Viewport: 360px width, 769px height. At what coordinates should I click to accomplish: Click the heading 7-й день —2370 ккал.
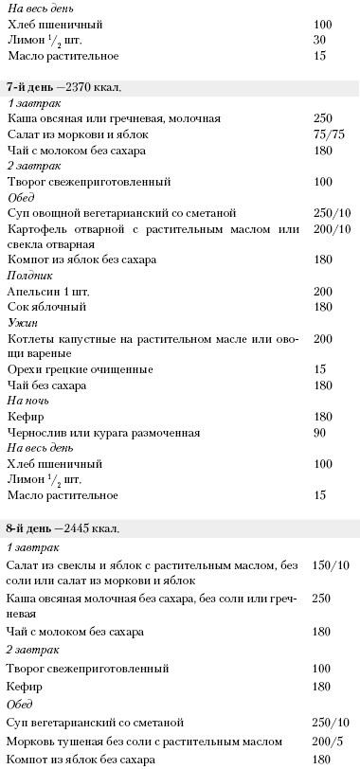coord(64,87)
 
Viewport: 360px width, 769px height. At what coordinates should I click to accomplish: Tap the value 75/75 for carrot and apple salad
coord(327,134)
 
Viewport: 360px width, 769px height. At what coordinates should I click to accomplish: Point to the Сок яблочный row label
coord(47,307)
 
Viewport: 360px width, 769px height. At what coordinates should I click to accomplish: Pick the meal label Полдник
coord(27,275)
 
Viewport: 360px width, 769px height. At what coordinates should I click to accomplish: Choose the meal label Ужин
coord(20,322)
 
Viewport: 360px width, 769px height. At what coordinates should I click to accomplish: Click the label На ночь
coord(27,401)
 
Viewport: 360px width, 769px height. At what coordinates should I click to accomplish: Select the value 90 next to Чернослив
coord(319,433)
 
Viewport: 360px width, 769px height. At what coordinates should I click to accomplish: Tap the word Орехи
coord(26,368)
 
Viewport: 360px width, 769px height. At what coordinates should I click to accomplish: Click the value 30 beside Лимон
coord(318,39)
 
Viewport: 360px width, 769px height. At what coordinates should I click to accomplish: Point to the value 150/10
coord(331,565)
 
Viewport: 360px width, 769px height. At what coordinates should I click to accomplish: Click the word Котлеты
coord(33,338)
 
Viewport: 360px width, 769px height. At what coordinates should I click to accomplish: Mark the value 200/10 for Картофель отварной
coord(331,228)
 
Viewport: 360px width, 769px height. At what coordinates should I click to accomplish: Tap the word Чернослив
coord(38,433)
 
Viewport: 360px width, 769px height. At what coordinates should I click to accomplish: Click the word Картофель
coord(40,228)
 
